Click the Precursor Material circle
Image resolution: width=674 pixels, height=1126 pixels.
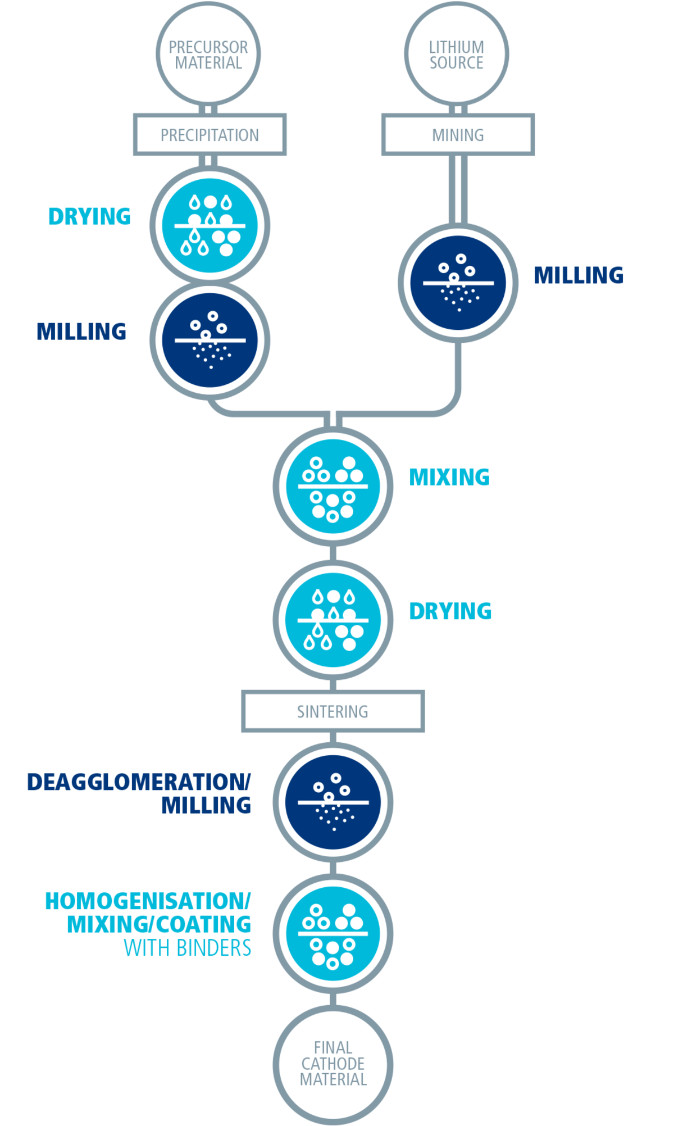coord(208,54)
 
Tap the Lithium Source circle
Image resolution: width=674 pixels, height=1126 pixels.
coord(457,54)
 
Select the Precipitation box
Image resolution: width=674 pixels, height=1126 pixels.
coord(210,135)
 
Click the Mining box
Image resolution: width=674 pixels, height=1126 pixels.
coord(458,135)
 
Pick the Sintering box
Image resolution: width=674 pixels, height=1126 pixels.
coord(333,711)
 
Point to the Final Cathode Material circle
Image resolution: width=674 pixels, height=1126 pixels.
coord(333,1063)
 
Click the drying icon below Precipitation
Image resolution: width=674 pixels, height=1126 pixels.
coord(210,225)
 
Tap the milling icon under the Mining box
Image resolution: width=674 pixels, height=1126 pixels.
coord(458,283)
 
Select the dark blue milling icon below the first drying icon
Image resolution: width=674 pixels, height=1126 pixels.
coord(210,340)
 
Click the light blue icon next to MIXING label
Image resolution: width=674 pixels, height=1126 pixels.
coord(333,486)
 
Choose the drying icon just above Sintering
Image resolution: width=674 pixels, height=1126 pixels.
coord(333,620)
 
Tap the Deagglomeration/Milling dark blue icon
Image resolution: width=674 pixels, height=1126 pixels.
coord(333,802)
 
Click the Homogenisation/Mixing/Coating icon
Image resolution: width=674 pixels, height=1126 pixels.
coord(333,933)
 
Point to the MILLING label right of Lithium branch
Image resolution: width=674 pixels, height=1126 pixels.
coord(579,275)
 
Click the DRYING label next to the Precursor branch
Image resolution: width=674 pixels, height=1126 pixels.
coord(89,216)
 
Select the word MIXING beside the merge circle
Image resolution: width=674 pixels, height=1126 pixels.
coord(449,478)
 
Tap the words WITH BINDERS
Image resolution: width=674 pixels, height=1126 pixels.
coord(188,948)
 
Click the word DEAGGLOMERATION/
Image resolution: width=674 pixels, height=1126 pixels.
coord(139,782)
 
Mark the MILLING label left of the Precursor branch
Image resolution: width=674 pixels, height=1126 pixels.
coord(81,332)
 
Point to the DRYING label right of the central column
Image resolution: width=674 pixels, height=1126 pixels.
coord(450,611)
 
